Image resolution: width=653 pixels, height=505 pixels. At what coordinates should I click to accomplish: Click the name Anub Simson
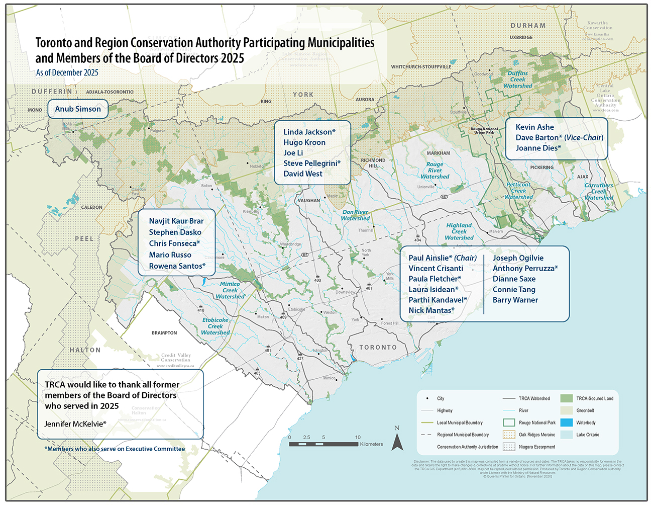(78, 109)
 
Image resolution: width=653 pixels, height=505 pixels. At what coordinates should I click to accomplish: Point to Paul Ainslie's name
(428, 258)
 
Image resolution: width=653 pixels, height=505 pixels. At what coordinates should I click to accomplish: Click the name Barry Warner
(515, 300)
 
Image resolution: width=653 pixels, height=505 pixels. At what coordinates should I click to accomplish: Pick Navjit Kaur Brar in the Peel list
(176, 221)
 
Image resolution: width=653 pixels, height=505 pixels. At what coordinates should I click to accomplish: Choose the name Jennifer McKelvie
(75, 424)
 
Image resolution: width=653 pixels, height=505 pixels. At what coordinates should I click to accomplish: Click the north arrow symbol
(397, 441)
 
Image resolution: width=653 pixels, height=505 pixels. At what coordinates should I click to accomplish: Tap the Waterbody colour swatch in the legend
(566, 423)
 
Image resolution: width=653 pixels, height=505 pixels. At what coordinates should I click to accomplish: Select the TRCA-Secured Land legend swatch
(566, 398)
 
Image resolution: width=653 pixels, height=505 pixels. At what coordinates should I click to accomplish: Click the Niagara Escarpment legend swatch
(509, 447)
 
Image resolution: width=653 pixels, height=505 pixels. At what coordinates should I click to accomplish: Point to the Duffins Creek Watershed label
(517, 79)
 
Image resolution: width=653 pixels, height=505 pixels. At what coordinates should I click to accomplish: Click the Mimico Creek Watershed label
(230, 290)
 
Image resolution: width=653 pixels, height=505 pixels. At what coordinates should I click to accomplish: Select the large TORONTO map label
(378, 348)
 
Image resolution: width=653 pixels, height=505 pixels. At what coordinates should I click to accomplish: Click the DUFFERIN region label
(52, 92)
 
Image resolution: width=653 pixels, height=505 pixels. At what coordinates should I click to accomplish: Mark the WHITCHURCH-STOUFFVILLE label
(421, 67)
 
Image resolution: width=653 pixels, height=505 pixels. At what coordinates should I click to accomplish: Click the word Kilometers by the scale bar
(371, 444)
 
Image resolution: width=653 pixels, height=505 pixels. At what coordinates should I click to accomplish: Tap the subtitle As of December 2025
(67, 73)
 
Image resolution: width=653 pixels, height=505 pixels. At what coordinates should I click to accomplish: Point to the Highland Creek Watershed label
(459, 232)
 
